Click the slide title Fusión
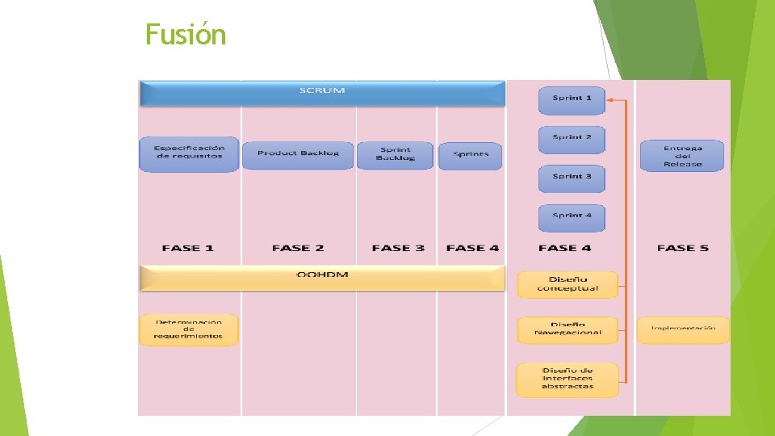186,35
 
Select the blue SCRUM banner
322,93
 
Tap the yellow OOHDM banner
322,277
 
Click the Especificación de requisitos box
189,153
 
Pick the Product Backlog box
298,153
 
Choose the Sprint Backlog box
395,154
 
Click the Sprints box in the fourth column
471,154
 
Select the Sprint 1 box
572,99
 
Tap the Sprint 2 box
572,138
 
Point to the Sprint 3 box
572,177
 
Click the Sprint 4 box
572,216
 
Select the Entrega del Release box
682,156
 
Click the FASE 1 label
187,248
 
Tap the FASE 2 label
298,248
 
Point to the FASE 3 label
398,248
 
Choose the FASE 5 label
683,248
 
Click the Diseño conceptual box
568,284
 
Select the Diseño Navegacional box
568,329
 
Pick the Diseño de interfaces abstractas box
568,379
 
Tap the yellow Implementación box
683,329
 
